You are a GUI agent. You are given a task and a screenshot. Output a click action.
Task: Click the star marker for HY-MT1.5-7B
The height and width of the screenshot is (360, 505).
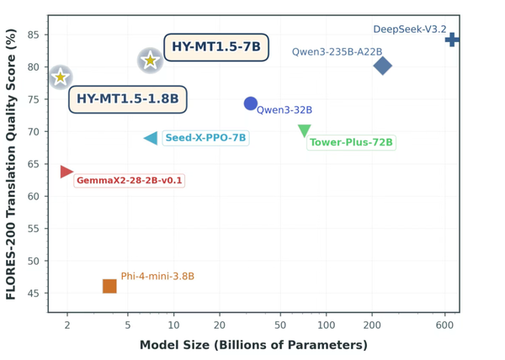(150, 60)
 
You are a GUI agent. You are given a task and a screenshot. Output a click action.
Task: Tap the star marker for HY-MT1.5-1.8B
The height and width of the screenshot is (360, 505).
(60, 77)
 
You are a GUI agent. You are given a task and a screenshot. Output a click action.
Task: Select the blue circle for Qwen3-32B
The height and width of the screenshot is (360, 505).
(251, 103)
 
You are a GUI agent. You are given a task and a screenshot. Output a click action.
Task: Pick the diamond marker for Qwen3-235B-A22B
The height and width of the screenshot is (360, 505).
(382, 66)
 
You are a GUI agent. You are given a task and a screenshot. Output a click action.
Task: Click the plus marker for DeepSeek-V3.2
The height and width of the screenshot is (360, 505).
(452, 40)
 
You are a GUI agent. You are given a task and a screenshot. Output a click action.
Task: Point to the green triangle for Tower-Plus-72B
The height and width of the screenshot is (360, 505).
(305, 130)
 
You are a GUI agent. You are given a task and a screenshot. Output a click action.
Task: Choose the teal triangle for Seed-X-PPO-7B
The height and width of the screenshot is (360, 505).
(151, 138)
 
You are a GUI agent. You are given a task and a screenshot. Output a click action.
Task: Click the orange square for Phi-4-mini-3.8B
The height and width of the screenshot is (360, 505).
(109, 287)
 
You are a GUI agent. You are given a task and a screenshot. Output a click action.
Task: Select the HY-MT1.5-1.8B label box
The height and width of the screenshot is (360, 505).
(128, 99)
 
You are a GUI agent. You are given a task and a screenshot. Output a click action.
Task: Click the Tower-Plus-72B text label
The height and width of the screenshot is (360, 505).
(351, 142)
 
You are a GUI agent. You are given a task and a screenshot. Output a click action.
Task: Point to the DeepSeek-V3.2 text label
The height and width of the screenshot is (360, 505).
(410, 29)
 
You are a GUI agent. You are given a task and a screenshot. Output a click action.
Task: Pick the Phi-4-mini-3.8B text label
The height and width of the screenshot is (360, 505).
(157, 276)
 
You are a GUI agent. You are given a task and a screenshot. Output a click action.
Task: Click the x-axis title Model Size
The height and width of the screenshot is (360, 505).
(253, 345)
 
